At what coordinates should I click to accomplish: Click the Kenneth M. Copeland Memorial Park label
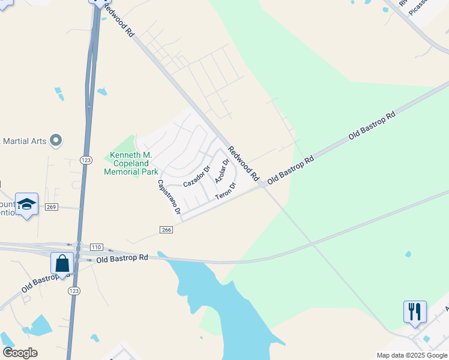point(130,163)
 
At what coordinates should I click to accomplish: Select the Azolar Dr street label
point(222,171)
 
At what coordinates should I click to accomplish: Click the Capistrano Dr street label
point(169,197)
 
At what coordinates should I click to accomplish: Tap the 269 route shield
point(51,207)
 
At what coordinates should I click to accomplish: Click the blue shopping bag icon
point(62,263)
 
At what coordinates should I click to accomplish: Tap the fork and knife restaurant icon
point(415,312)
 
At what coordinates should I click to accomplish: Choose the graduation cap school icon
point(27,204)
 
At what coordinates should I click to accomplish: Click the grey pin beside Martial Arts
point(56,140)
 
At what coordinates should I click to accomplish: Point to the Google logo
point(20,353)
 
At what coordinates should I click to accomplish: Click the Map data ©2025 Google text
point(412,355)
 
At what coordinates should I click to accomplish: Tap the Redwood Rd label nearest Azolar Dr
point(243,164)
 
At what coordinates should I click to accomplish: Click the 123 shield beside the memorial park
point(85,160)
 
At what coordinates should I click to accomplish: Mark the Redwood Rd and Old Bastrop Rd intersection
point(263,185)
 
